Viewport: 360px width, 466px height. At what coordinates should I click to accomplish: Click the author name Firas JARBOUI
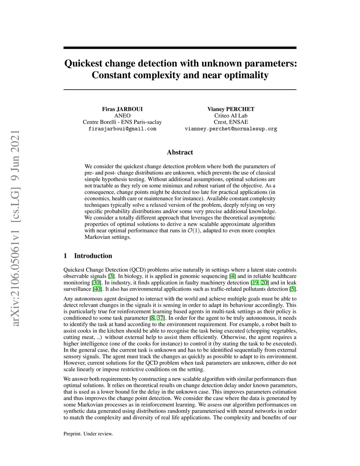(122, 109)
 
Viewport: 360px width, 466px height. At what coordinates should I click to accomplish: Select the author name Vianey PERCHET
(231, 109)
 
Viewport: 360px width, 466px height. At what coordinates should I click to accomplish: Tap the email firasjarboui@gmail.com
(122, 129)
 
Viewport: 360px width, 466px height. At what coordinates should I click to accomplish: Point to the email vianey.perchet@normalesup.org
(231, 129)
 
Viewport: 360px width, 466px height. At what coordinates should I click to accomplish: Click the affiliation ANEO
(122, 116)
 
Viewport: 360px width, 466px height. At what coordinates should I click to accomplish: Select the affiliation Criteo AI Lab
(231, 116)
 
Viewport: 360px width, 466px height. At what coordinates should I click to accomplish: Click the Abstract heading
(180, 152)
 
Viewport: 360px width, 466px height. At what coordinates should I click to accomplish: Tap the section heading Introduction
(93, 256)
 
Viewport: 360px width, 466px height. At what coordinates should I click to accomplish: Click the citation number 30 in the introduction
(96, 283)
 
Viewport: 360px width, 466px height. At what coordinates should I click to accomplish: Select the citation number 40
(97, 289)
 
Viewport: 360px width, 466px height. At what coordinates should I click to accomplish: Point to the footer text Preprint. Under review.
(88, 434)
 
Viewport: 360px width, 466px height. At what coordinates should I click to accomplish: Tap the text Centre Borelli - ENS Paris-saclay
(122, 122)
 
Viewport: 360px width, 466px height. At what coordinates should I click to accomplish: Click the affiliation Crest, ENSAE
(231, 122)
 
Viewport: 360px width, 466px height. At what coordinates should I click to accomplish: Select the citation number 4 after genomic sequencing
(232, 276)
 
